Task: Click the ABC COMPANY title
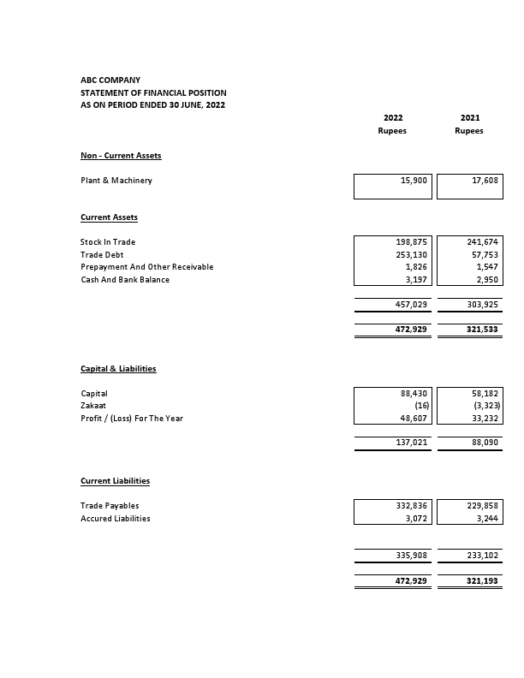point(110,80)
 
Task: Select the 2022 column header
point(392,117)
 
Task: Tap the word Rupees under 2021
point(469,131)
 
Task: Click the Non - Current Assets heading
point(121,156)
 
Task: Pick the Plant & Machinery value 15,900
point(414,181)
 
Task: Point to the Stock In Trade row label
point(108,242)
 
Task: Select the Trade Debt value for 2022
point(412,255)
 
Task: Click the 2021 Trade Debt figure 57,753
point(485,255)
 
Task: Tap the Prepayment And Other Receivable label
point(146,267)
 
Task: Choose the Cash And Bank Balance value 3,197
point(416,280)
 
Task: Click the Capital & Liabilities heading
point(118,369)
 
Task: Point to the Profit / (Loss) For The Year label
point(132,419)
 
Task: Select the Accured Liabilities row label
point(116,519)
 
